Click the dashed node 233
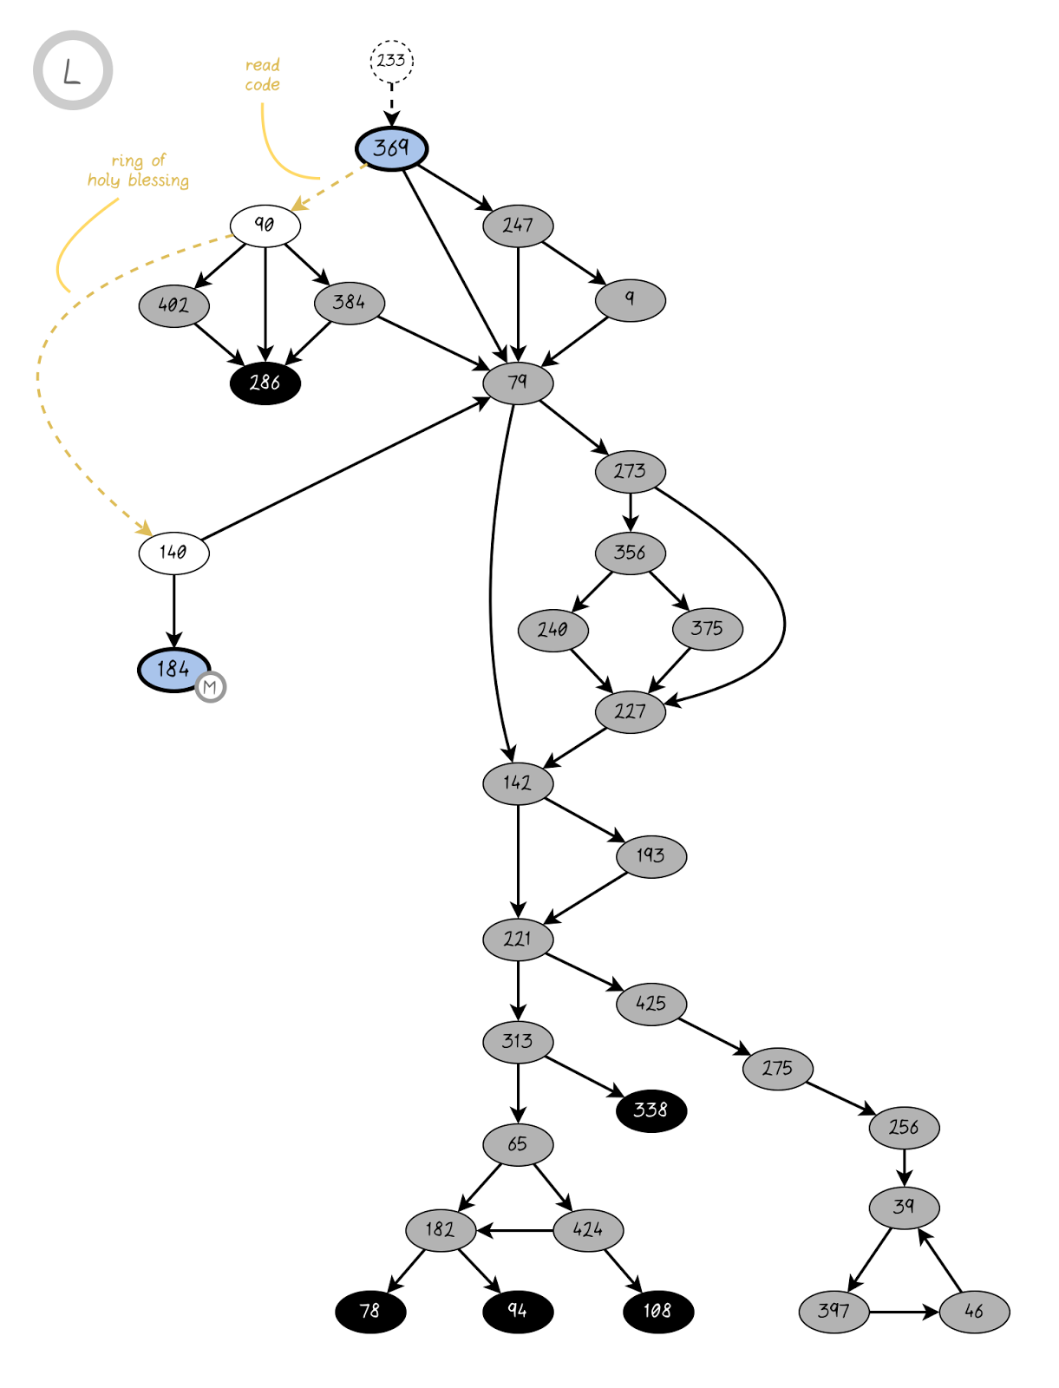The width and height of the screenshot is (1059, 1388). click(x=391, y=61)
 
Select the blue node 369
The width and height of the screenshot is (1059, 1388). click(x=391, y=148)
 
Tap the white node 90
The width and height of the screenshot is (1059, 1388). click(x=265, y=226)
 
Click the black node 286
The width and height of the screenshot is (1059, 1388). click(x=265, y=383)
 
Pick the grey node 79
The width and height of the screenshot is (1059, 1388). click(x=518, y=383)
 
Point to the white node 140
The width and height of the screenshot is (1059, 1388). click(x=173, y=553)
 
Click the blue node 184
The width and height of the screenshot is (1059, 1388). click(x=173, y=670)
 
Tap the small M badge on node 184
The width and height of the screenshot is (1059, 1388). click(x=210, y=687)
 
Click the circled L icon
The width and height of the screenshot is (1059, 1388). click(x=73, y=70)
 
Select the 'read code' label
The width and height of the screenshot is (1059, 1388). click(x=262, y=75)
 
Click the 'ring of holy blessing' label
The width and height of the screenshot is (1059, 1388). click(x=138, y=171)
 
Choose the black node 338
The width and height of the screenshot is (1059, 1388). click(x=650, y=1110)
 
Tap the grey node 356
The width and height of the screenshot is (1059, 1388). click(x=630, y=553)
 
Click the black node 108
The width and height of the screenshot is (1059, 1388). click(x=657, y=1311)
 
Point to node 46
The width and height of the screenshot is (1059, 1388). click(x=974, y=1312)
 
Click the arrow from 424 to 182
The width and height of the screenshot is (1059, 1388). click(x=515, y=1230)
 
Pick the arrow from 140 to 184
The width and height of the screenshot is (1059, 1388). click(x=173, y=611)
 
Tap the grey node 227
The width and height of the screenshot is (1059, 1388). click(x=630, y=712)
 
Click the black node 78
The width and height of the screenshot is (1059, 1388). click(x=370, y=1311)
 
